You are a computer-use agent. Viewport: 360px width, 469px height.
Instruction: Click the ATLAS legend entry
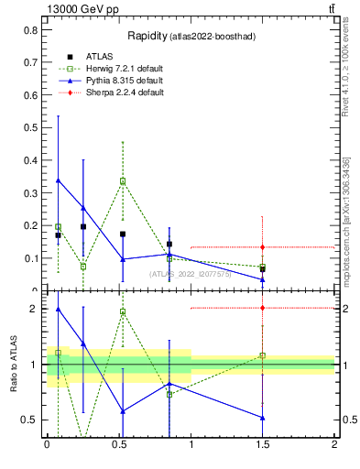100,56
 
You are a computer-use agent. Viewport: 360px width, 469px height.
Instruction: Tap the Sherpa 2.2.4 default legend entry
125,93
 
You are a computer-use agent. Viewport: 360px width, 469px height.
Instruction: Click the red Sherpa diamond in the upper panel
263,247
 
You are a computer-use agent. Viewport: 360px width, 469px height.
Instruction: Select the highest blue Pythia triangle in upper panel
58,180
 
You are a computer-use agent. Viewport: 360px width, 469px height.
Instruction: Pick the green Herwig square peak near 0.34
123,181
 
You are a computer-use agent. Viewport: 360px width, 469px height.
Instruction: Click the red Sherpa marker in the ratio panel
263,308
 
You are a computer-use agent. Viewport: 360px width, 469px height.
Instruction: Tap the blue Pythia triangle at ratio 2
58,309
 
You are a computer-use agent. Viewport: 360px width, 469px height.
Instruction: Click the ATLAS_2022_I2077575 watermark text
191,273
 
